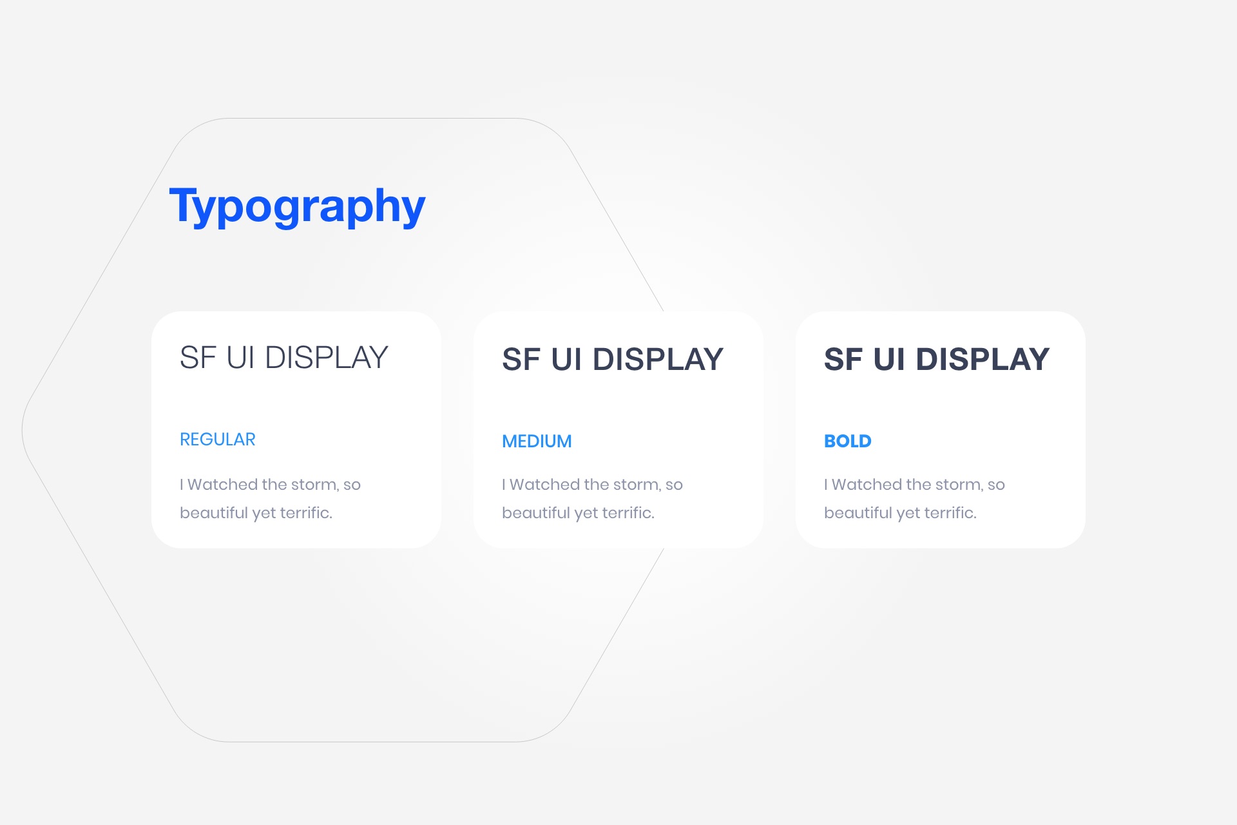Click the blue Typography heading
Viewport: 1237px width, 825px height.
(297, 206)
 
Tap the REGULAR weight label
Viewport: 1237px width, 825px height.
(218, 440)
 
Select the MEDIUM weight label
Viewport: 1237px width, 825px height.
(537, 442)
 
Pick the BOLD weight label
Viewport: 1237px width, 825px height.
(848, 442)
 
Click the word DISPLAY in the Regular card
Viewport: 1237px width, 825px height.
(327, 358)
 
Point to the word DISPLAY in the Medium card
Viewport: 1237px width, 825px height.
(658, 359)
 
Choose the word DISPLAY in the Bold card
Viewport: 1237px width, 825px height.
(983, 359)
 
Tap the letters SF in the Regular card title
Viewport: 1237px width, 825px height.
(198, 358)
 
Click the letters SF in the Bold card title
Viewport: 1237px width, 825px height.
(844, 359)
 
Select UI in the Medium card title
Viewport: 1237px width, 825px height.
(566, 359)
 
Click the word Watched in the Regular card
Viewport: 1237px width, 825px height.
(223, 485)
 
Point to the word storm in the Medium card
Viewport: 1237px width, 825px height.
(637, 485)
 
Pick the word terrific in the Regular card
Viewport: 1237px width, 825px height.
(306, 513)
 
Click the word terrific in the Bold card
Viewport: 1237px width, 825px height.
(950, 513)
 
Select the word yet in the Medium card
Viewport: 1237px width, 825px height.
(586, 514)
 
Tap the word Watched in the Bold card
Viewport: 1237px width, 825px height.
(867, 485)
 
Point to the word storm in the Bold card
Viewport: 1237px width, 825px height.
(959, 485)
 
